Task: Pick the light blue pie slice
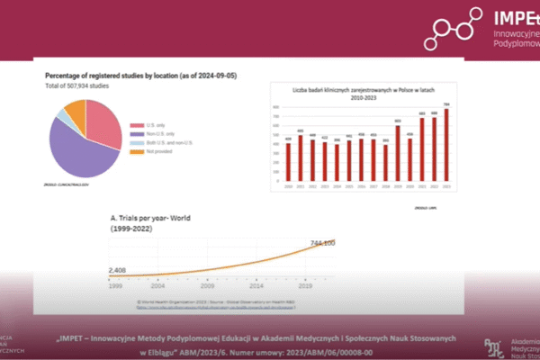(61, 117)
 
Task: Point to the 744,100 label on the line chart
(322, 243)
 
